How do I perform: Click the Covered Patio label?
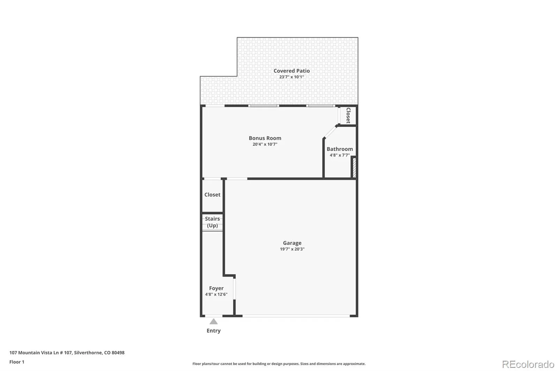click(292, 71)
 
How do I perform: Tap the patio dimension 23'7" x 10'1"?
click(292, 77)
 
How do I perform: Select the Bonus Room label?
click(265, 138)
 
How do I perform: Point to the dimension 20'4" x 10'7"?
click(265, 144)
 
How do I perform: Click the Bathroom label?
click(340, 149)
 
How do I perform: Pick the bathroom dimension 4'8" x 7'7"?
click(340, 155)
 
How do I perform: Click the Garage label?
click(292, 243)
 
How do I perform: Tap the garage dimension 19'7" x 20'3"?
click(292, 249)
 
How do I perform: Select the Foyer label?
click(216, 288)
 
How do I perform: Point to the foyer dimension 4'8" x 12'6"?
click(216, 294)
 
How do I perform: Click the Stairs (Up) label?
click(212, 222)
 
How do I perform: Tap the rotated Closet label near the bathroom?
click(348, 116)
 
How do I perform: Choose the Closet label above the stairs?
click(212, 195)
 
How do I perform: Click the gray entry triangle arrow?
click(213, 322)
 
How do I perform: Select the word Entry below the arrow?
click(213, 331)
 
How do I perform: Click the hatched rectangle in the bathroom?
click(354, 168)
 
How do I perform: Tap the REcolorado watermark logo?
click(528, 364)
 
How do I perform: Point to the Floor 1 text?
click(17, 362)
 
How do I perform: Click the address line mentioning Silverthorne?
click(67, 353)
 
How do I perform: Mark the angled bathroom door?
click(330, 132)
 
